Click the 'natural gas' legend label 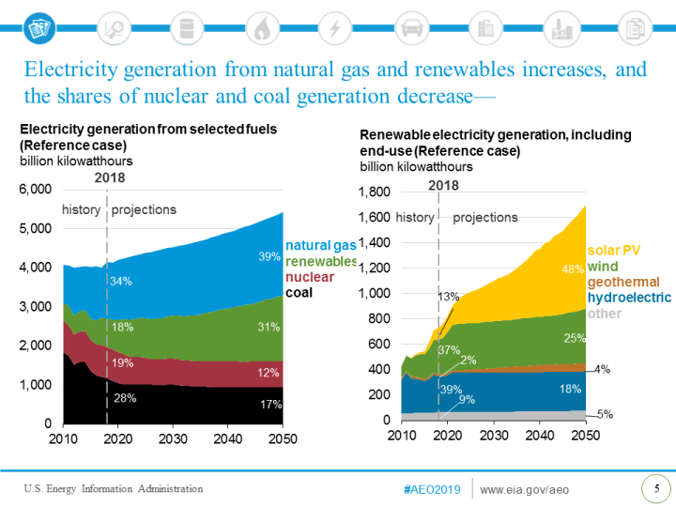tap(320, 245)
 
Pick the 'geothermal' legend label tap(623, 282)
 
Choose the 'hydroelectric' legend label tap(629, 298)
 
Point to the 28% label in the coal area tap(125, 398)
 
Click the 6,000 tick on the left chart tap(35, 190)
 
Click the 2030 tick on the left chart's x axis tap(173, 440)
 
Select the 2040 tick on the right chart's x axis tap(539, 436)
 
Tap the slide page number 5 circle tap(655, 488)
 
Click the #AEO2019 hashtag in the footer tap(432, 489)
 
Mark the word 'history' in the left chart tap(81, 209)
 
